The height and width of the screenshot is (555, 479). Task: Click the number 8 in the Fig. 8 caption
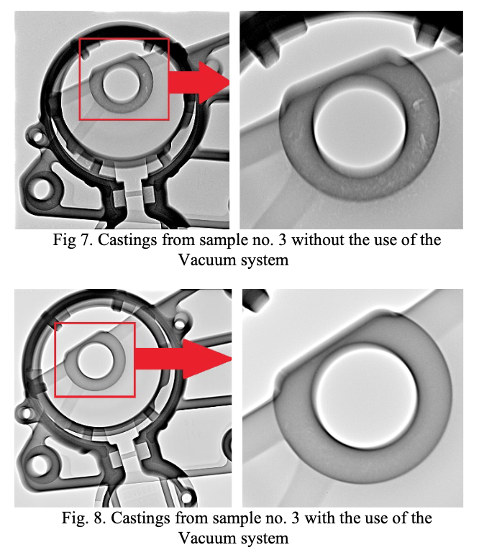click(99, 518)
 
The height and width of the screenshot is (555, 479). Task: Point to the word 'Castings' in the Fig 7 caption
click(127, 240)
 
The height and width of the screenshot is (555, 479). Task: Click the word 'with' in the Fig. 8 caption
click(320, 518)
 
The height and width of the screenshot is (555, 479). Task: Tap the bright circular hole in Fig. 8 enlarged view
click(366, 396)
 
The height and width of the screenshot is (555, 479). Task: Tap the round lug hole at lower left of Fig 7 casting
click(42, 189)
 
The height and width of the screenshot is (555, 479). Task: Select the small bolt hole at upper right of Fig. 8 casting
click(180, 324)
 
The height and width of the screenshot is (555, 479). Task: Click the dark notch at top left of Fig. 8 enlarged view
click(255, 300)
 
